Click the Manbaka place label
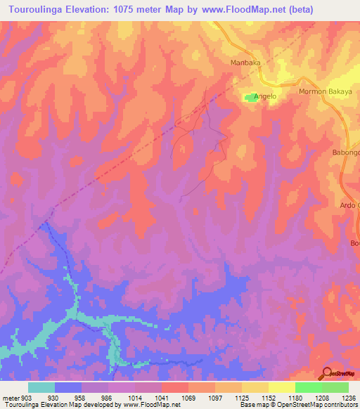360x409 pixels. pos(245,63)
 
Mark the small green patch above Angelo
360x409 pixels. pos(250,98)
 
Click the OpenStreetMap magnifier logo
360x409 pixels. pos(326,372)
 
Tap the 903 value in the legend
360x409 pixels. pos(25,397)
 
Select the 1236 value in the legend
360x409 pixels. pos(349,397)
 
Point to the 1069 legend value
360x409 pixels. pos(188,397)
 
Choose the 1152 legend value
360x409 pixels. pos(269,397)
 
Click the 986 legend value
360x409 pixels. pos(108,397)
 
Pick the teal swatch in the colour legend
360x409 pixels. pos(41,387)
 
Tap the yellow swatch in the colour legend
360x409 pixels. pos(282,387)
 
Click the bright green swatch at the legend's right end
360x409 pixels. pos(335,387)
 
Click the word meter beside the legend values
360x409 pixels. pos(10,397)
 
